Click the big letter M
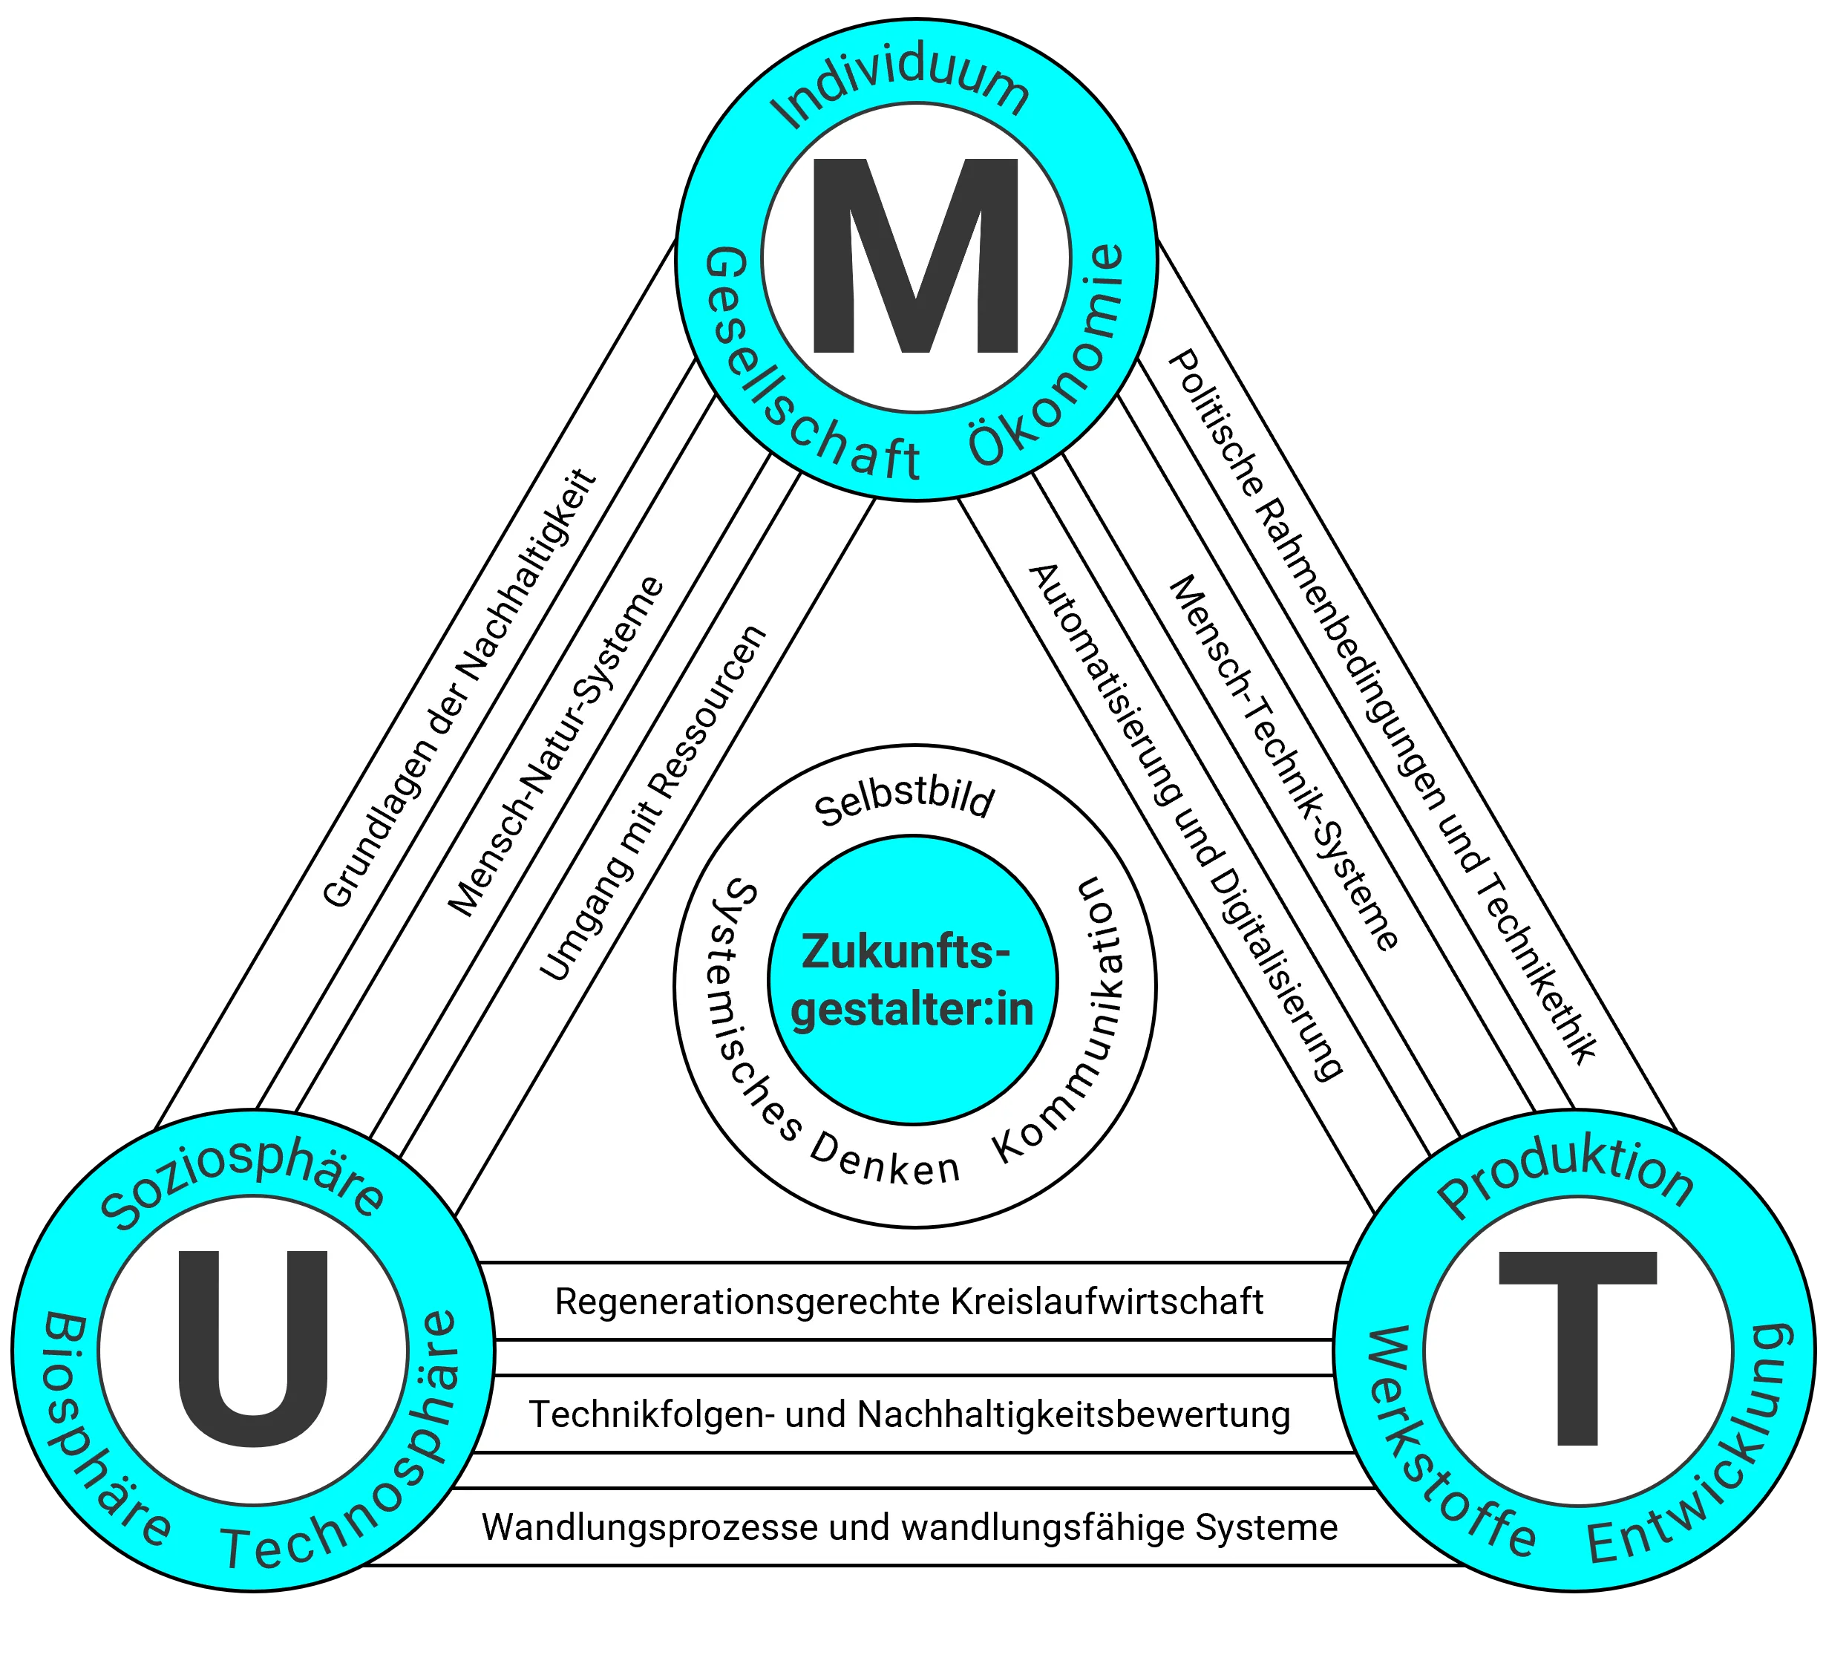[x=914, y=257]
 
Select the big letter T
[x=1577, y=1348]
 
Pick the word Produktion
[x=1565, y=1181]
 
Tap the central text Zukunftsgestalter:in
[x=913, y=982]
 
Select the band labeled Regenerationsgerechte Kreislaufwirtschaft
[x=909, y=1301]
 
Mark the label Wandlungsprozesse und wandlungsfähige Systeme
[x=909, y=1527]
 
